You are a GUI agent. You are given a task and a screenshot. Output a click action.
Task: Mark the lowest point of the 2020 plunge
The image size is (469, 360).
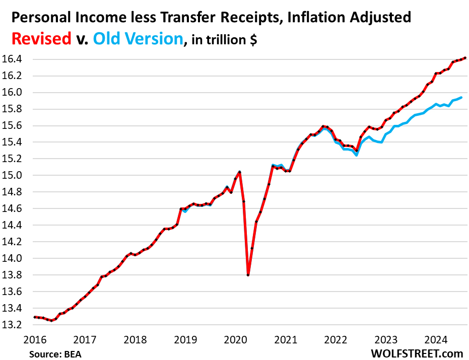click(x=248, y=274)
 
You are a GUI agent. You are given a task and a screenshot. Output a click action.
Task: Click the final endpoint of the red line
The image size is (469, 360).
click(x=464, y=58)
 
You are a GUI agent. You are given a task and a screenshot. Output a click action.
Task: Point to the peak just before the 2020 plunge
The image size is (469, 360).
click(x=239, y=172)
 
